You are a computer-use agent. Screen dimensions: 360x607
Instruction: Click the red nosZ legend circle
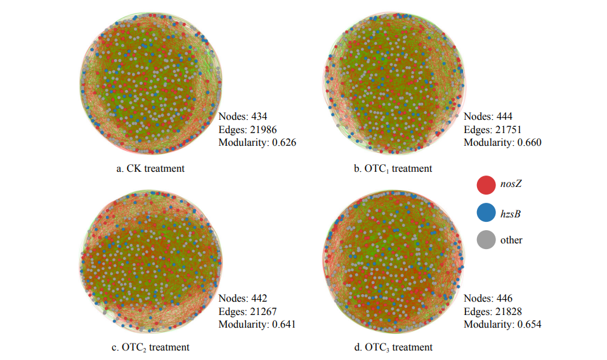[485, 185]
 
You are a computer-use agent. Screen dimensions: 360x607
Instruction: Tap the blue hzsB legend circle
[485, 213]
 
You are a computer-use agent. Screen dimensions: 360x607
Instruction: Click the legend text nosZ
[511, 185]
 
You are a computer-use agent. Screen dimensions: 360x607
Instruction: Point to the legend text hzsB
[511, 214]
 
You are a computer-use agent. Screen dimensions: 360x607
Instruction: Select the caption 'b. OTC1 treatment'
[394, 169]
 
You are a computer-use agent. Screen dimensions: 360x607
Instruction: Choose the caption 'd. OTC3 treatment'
[394, 347]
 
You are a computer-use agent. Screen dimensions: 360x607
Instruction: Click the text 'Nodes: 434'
[243, 117]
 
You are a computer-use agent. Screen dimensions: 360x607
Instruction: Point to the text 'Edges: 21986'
[247, 129]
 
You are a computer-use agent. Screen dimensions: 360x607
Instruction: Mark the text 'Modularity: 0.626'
[258, 142]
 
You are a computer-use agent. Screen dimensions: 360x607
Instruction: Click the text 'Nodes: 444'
[488, 117]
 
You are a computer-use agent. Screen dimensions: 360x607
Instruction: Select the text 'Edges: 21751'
[492, 129]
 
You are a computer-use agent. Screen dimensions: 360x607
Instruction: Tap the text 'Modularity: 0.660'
[502, 142]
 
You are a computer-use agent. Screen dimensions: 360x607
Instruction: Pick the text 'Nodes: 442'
[243, 299]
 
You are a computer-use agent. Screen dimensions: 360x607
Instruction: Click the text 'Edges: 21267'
[247, 311]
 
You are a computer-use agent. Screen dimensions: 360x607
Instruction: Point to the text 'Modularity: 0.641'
[258, 324]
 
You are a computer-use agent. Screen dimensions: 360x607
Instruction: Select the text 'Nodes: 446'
[488, 299]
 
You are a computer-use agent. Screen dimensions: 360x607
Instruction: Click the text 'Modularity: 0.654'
[502, 324]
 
